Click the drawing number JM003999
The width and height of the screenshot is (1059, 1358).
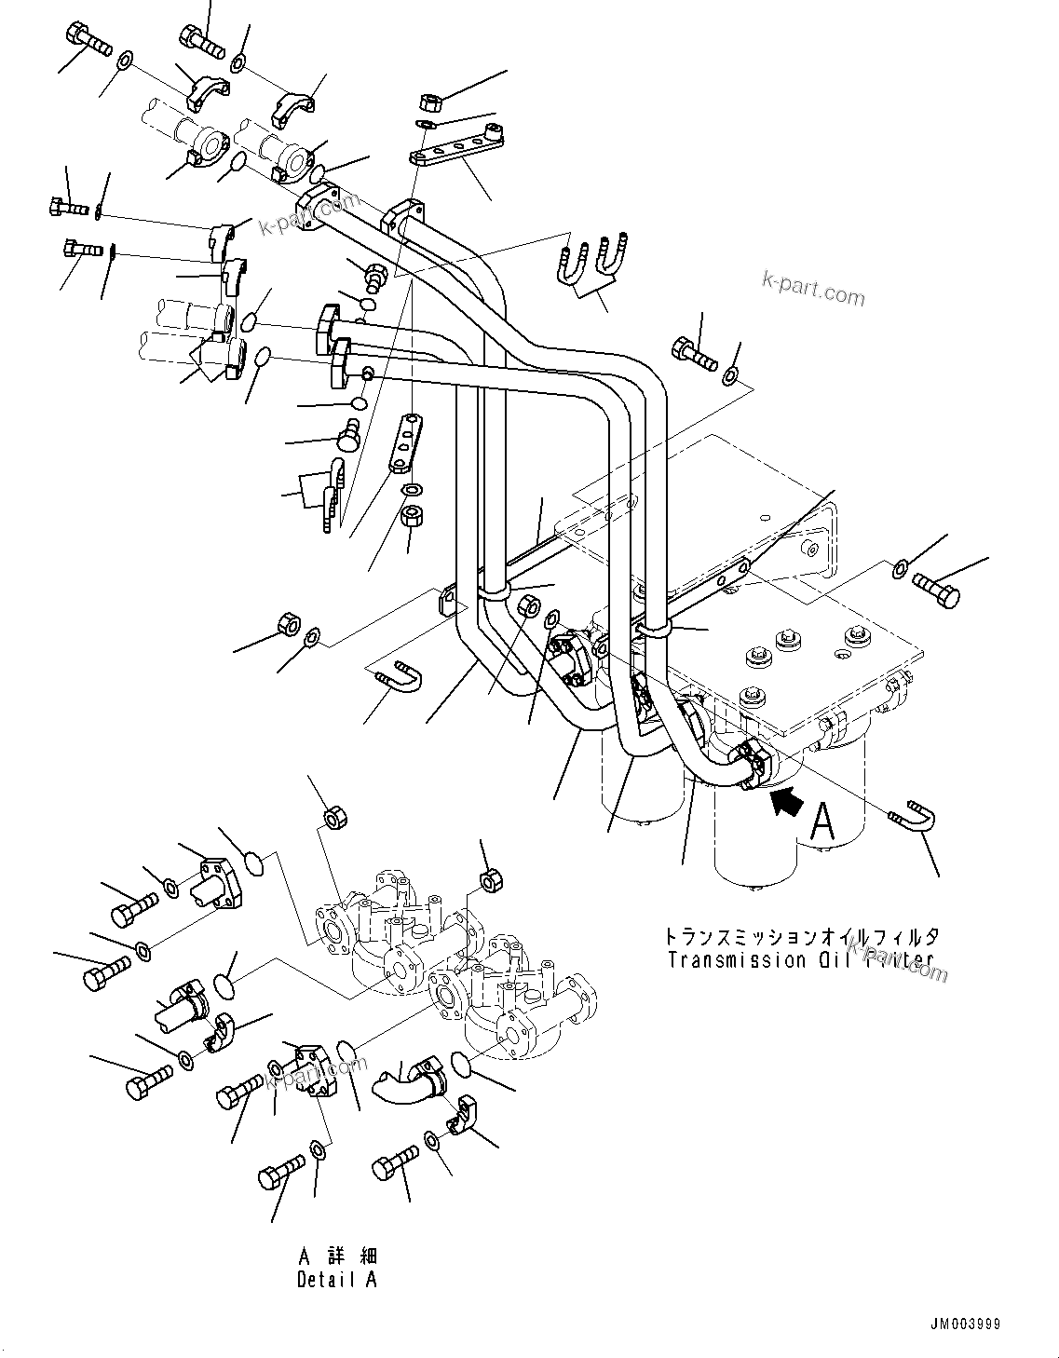point(963,1324)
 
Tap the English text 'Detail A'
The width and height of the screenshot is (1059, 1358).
point(337,1280)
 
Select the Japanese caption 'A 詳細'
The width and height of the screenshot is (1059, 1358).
point(337,1257)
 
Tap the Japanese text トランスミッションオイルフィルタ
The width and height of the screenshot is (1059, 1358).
point(802,936)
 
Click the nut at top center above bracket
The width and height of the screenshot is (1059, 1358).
point(432,100)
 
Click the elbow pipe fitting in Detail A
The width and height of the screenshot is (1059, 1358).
point(402,1081)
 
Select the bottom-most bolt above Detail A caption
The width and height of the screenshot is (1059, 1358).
point(282,1167)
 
